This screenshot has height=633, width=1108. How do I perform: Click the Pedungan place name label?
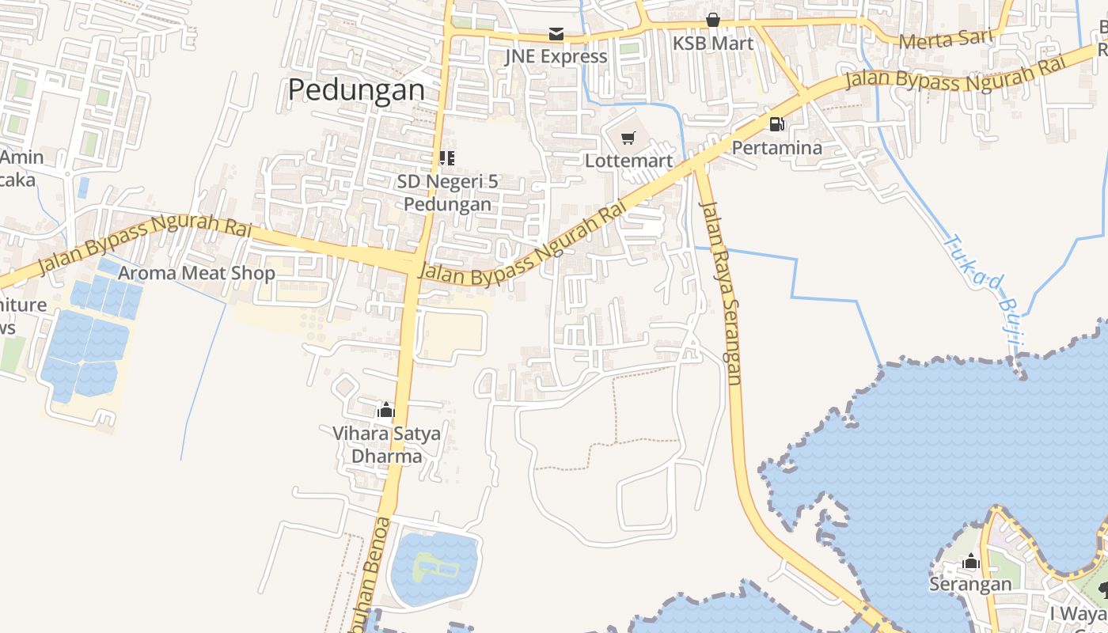point(356,89)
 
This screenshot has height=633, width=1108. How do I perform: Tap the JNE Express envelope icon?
point(556,34)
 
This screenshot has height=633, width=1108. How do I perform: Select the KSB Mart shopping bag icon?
point(713,20)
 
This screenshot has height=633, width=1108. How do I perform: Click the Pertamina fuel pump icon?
point(777,124)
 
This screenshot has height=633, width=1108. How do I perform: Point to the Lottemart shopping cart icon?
point(628,138)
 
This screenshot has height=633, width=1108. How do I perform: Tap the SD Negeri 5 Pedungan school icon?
point(447,158)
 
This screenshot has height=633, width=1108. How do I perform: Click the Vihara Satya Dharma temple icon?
point(386,410)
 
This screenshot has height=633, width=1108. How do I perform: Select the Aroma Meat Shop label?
point(196,274)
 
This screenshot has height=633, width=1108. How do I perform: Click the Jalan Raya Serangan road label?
point(721,293)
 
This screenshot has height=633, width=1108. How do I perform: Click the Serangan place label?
point(970,585)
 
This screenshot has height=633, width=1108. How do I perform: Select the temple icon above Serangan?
point(971,563)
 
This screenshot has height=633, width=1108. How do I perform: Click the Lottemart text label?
point(628,161)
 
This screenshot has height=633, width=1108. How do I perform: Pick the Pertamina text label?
point(776,147)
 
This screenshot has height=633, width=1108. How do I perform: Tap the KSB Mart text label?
point(713,43)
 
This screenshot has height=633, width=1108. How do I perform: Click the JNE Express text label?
point(556,56)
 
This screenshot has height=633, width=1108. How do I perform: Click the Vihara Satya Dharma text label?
point(386,445)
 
